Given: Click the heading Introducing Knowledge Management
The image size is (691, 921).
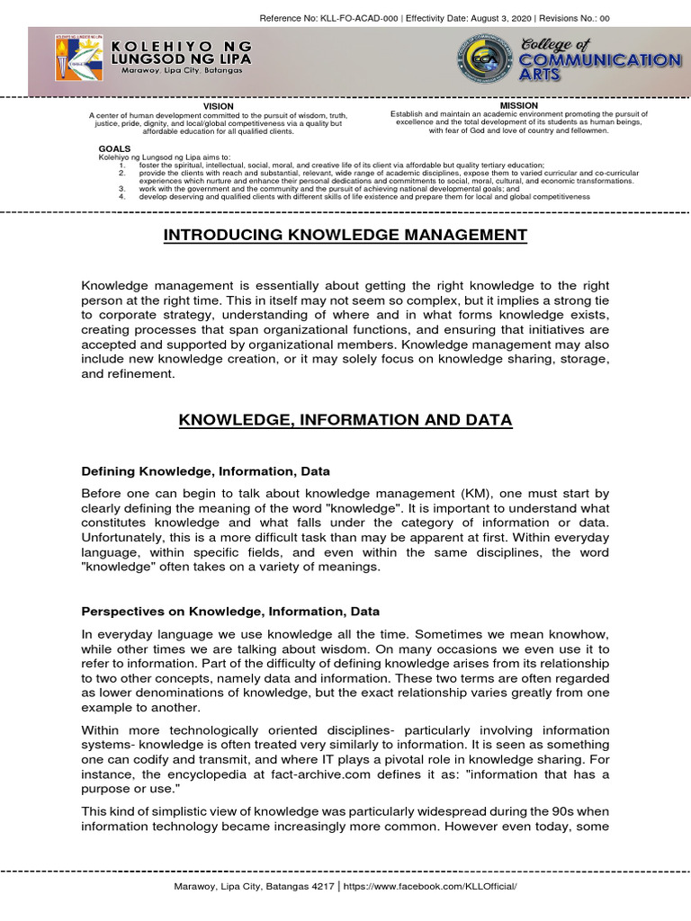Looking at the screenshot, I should (x=345, y=235).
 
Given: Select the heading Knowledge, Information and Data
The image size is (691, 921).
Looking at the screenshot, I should (x=345, y=420).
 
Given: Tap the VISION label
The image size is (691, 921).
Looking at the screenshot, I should (x=219, y=106).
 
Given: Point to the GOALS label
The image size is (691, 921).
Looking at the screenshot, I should (x=114, y=148).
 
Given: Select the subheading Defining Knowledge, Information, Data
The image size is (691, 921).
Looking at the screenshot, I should (x=205, y=470).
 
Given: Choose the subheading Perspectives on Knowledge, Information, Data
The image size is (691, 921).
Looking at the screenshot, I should (x=230, y=612).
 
